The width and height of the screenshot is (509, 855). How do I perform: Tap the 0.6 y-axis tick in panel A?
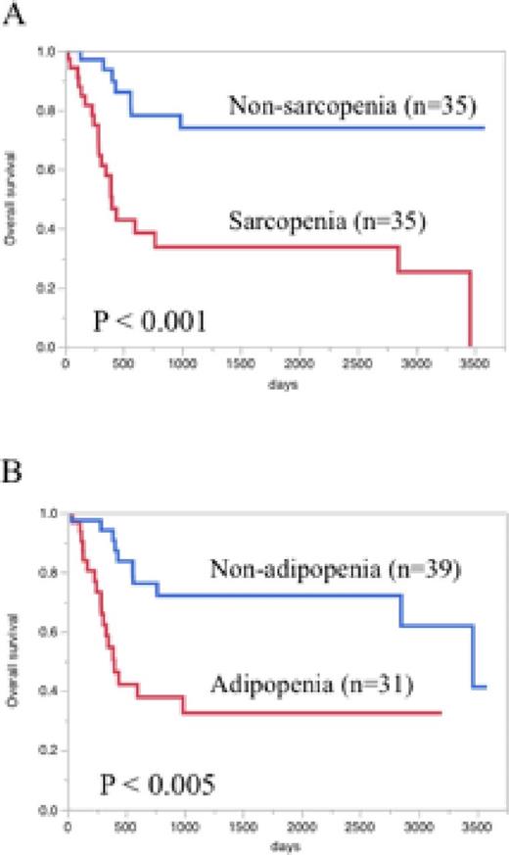pyautogui.click(x=49, y=169)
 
